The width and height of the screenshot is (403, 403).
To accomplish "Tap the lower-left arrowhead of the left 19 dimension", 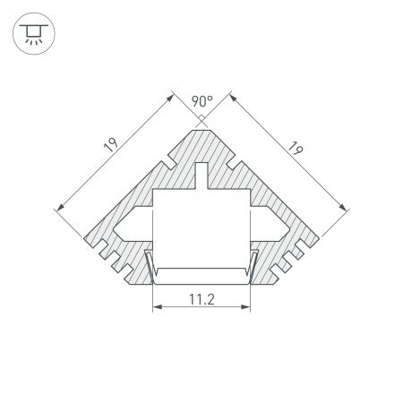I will (59, 209).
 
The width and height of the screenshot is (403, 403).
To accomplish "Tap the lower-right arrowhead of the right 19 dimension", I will (344, 209).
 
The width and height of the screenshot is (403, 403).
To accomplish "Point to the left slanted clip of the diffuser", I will (149, 265).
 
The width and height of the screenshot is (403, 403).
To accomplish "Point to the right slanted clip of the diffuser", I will (254, 265).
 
